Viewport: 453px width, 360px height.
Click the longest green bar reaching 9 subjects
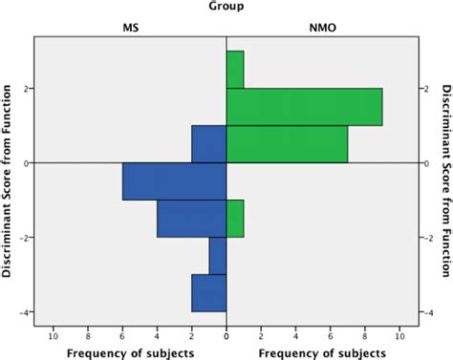[304, 107]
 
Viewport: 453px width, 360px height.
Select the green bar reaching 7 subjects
[287, 144]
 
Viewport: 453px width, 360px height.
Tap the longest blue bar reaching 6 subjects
[174, 181]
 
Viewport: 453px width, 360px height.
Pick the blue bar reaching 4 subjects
[191, 219]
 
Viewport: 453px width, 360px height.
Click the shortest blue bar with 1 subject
[218, 256]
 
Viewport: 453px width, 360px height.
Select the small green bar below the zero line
[235, 219]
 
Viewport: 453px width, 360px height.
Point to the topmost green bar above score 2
[235, 70]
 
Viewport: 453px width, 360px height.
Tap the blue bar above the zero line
[208, 144]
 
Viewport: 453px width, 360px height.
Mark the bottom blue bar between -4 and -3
[208, 293]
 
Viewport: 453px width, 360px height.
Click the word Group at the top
[226, 8]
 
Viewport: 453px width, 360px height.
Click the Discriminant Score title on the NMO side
[446, 181]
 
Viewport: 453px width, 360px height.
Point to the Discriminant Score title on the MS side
[8, 181]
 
